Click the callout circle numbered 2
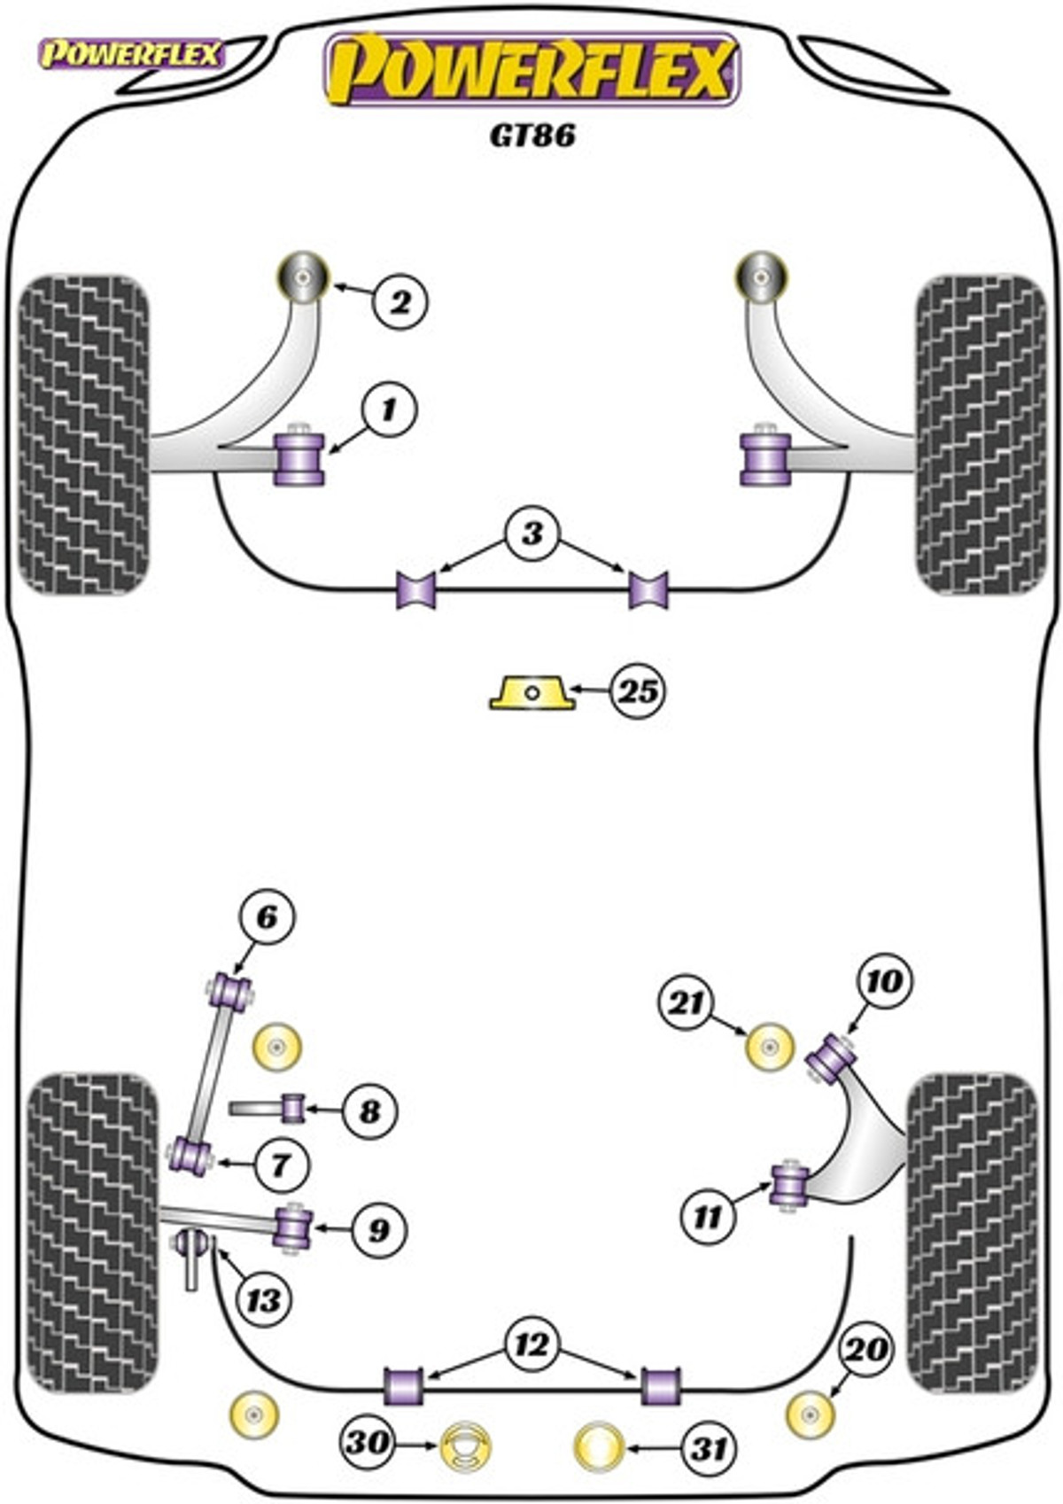pyautogui.click(x=400, y=302)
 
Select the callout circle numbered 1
pyautogui.click(x=388, y=410)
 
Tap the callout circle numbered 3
pyautogui.click(x=531, y=534)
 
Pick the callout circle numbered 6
pyautogui.click(x=266, y=917)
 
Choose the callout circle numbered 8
pyautogui.click(x=369, y=1110)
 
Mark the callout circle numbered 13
pyautogui.click(x=264, y=1301)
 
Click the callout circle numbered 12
pyautogui.click(x=531, y=1345)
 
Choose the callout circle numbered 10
pyautogui.click(x=884, y=981)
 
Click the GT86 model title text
pyautogui.click(x=532, y=135)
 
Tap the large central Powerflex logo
pyautogui.click(x=531, y=69)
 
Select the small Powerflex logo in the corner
pyautogui.click(x=130, y=55)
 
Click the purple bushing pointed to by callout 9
pyautogui.click(x=293, y=1227)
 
